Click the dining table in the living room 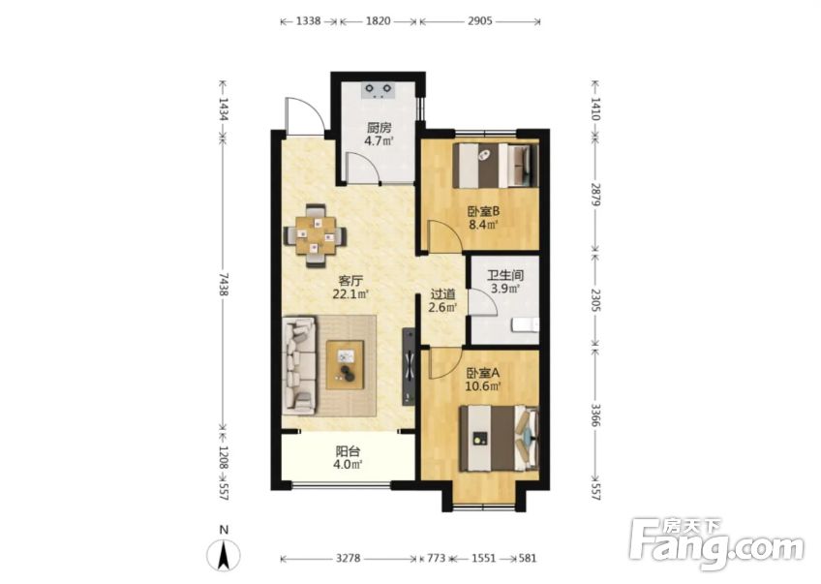pyautogui.click(x=316, y=236)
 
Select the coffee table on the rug pyautogui.click(x=345, y=364)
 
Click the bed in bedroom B pyautogui.click(x=496, y=165)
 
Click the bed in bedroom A pyautogui.click(x=499, y=439)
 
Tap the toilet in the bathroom pyautogui.click(x=525, y=325)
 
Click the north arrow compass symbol pyautogui.click(x=224, y=554)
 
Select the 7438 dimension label pyautogui.click(x=223, y=286)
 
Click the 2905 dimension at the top pyautogui.click(x=480, y=21)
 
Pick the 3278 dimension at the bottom pyautogui.click(x=349, y=559)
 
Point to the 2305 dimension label pyautogui.click(x=595, y=299)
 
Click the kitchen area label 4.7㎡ pyautogui.click(x=379, y=140)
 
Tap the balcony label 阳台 pyautogui.click(x=349, y=451)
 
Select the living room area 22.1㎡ pyautogui.click(x=351, y=293)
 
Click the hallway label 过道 pyautogui.click(x=443, y=294)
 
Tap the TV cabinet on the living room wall pyautogui.click(x=409, y=366)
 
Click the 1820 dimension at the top pyautogui.click(x=378, y=21)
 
